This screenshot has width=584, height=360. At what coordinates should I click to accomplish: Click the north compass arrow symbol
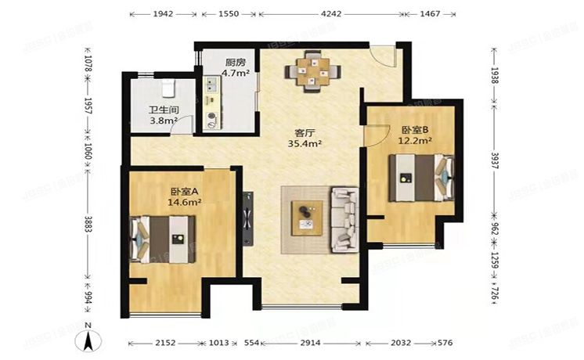pos(88,340)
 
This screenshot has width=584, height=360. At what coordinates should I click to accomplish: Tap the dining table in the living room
pos(313,71)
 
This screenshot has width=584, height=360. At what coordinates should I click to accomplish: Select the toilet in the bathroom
pos(169,87)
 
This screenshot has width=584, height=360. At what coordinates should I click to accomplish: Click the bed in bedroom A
pos(162,239)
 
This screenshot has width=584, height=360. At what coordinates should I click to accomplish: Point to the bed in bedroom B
pos(422,178)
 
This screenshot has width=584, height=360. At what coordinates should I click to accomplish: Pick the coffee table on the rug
pos(308,218)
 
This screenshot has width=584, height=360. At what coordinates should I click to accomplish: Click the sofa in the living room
pos(344,220)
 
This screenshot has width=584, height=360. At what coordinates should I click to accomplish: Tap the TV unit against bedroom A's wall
pos(247,219)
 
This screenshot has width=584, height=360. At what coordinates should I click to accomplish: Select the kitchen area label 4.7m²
pos(236,73)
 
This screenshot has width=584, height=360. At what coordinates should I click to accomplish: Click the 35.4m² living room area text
pos(305,143)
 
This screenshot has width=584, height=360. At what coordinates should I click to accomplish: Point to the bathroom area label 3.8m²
pos(163,121)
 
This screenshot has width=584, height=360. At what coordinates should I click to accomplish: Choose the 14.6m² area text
pos(185,202)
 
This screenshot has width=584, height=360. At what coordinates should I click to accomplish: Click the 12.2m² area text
pos(415,141)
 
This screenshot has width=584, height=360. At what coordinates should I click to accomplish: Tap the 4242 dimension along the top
pos(330,14)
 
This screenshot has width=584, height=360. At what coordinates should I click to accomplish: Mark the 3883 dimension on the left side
pos(88,224)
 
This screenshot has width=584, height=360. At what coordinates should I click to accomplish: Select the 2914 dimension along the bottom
pos(310,343)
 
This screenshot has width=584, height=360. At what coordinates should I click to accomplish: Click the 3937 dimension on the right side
pos(495,160)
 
